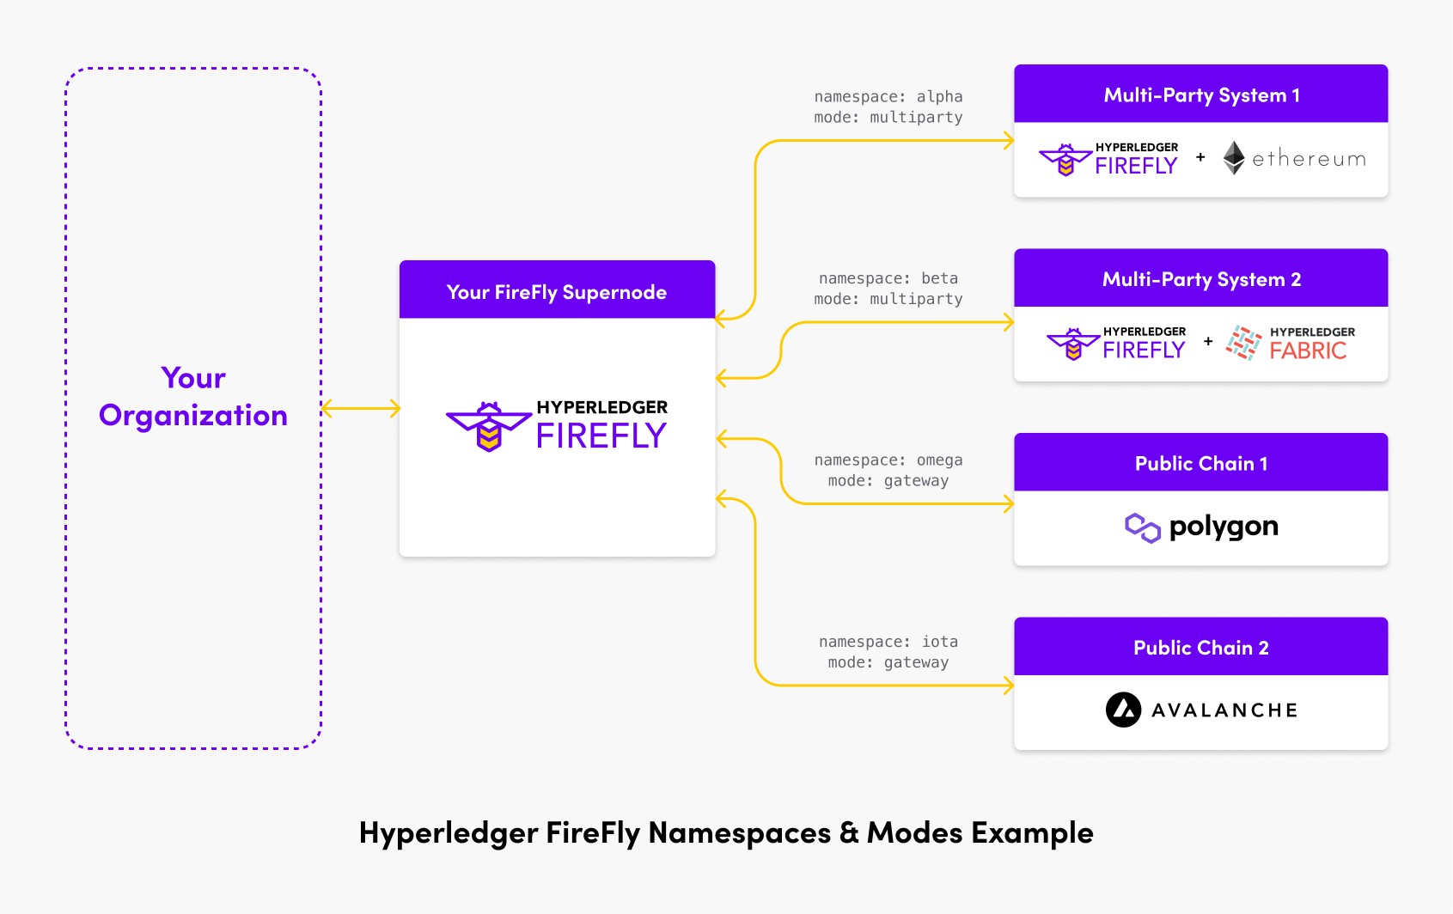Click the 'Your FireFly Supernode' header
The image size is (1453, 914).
tap(557, 292)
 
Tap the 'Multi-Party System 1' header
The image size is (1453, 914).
tap(1201, 94)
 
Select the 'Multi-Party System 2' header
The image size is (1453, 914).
tap(1201, 279)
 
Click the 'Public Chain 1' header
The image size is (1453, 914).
tap(1201, 464)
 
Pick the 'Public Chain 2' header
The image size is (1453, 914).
tap(1201, 648)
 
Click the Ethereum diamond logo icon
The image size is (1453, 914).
tap(1234, 158)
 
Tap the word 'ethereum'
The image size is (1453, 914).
tap(1309, 159)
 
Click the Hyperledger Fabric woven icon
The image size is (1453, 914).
tap(1243, 343)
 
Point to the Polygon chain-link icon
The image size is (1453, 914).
tap(1143, 527)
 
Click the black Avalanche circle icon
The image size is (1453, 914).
tap(1123, 710)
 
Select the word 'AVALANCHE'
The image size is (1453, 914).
tap(1224, 710)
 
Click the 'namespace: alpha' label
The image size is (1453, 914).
tap(888, 97)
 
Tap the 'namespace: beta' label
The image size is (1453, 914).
tap(888, 278)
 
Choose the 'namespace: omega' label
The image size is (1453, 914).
tap(888, 460)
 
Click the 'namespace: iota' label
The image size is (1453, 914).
tap(888, 642)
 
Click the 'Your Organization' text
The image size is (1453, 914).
tap(193, 397)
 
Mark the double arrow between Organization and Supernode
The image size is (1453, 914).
tap(361, 409)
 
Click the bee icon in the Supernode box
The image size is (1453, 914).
tap(488, 426)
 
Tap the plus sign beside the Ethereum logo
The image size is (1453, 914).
tap(1200, 157)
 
